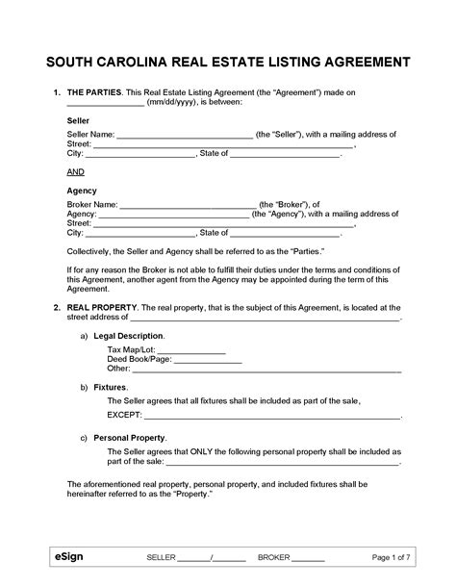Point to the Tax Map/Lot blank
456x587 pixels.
[190, 349]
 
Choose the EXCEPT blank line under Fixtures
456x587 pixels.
[270, 417]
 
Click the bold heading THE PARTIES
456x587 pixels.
[95, 91]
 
